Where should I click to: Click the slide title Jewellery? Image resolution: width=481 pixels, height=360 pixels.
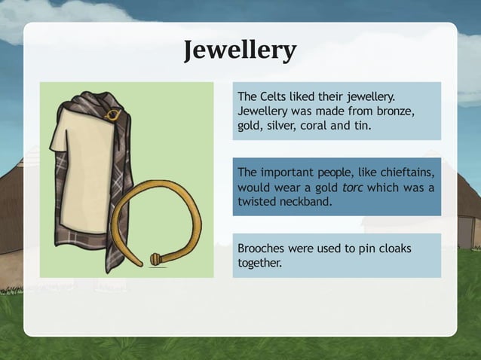(x=240, y=50)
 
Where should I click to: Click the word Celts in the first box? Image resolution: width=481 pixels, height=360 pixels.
(x=274, y=96)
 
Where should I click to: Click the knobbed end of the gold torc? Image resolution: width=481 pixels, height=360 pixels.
(x=155, y=259)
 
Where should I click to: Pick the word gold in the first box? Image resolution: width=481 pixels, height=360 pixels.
(x=249, y=126)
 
